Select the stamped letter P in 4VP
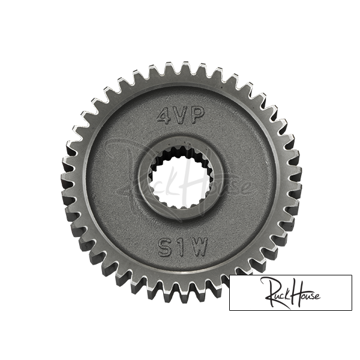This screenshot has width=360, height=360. pos(197,115)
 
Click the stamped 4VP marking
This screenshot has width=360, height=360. pos(181,115)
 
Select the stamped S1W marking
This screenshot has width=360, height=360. pos(182,247)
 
